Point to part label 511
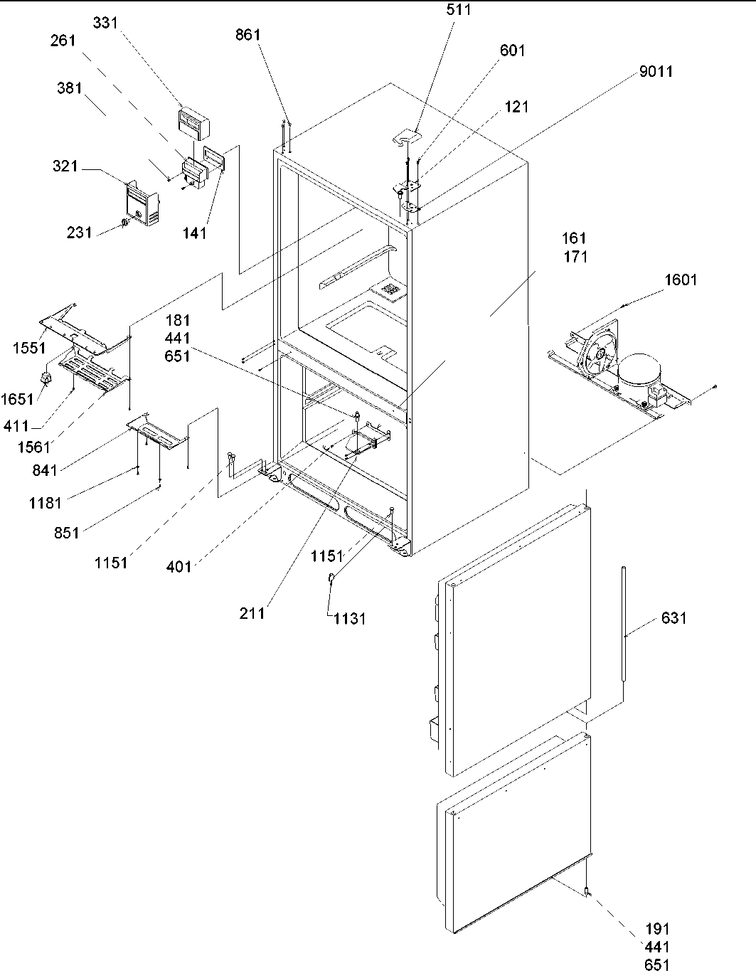pyautogui.click(x=459, y=10)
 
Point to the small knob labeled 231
pyautogui.click(x=124, y=223)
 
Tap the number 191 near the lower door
pyautogui.click(x=658, y=929)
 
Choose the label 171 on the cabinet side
pyautogui.click(x=575, y=256)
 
